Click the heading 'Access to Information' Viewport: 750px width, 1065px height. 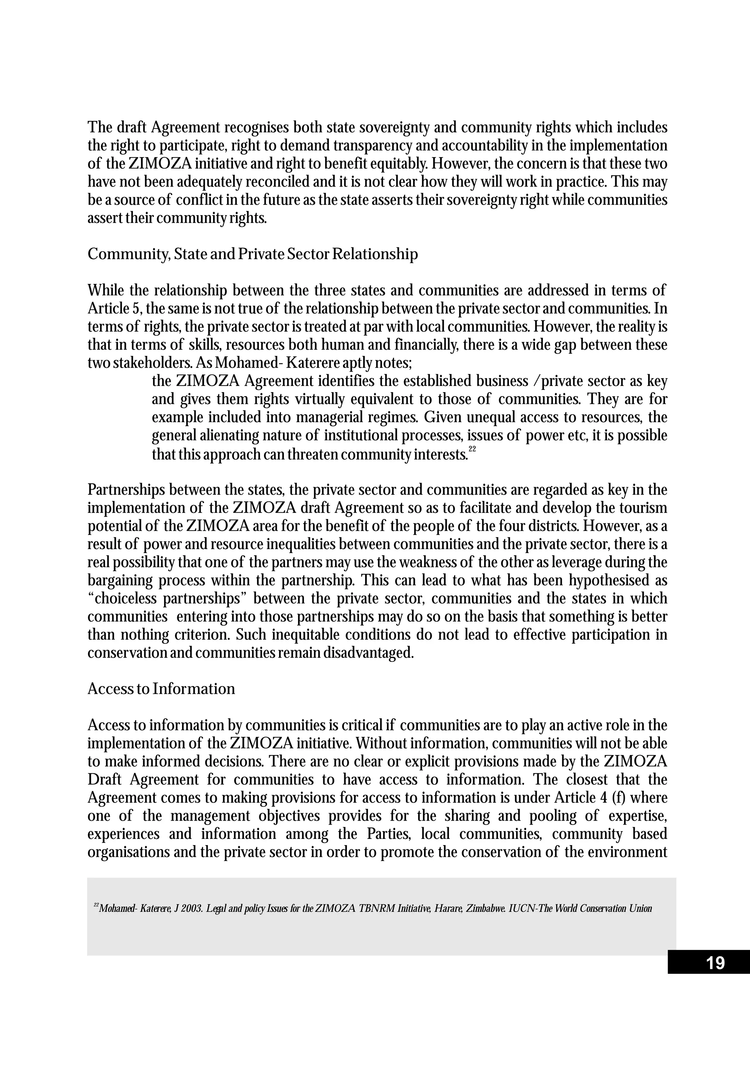tap(161, 689)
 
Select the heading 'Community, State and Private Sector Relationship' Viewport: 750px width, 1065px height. tap(253, 254)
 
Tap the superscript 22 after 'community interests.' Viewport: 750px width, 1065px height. tap(472, 449)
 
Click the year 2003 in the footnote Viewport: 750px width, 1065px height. tap(190, 909)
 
